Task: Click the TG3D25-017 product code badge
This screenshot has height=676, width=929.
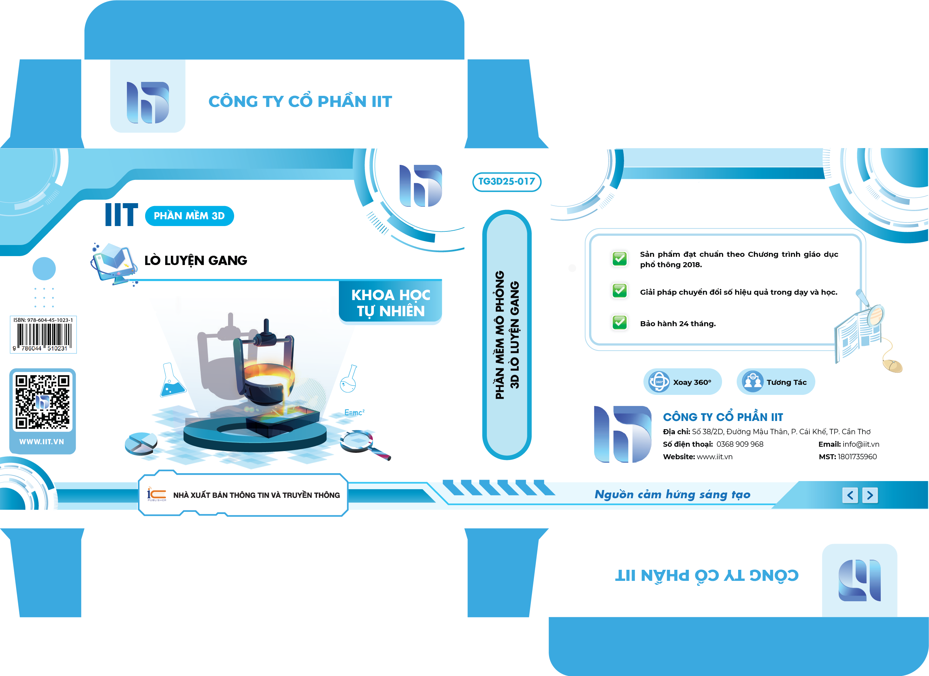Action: [x=507, y=182]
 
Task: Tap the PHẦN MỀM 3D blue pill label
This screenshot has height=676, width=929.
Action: [x=189, y=216]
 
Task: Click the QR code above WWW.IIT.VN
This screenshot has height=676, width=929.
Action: [x=43, y=402]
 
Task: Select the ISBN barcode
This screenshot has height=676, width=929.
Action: [x=43, y=334]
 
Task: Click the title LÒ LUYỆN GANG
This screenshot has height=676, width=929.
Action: [x=196, y=260]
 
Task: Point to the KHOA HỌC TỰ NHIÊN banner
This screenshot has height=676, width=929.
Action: [x=390, y=303]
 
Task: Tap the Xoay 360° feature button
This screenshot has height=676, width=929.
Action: [x=682, y=382]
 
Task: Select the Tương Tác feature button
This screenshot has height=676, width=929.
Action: [x=776, y=382]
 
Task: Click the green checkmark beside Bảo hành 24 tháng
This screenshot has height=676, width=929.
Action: [x=619, y=323]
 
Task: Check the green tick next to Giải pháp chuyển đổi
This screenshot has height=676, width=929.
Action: [x=619, y=291]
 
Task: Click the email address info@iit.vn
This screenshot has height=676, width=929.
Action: [x=861, y=444]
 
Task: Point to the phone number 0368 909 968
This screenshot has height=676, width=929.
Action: [x=740, y=444]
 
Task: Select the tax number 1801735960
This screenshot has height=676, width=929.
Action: [x=857, y=457]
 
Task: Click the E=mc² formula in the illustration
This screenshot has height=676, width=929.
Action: [x=354, y=412]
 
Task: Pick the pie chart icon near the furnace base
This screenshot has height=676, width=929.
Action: [x=141, y=444]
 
